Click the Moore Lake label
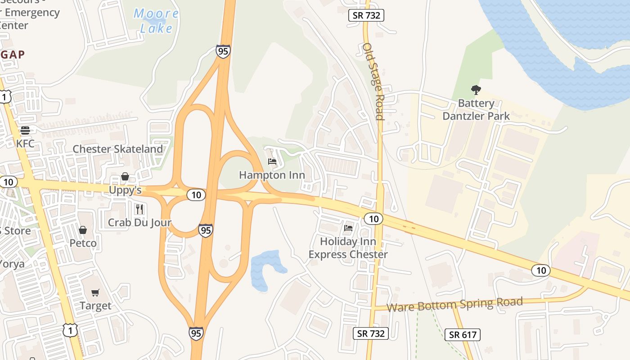pos(156,21)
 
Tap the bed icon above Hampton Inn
pos(272,162)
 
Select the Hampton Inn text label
pos(272,175)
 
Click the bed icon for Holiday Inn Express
pos(348,228)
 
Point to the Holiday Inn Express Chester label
pos(348,248)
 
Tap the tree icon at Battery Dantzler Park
pos(476,90)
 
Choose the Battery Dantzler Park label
pos(476,109)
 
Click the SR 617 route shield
pos(462,335)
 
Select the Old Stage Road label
pos(373,81)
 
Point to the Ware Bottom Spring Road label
pos(454,305)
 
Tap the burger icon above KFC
pos(25,130)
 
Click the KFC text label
pos(25,144)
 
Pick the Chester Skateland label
pos(118,149)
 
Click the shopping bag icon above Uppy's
pos(125,176)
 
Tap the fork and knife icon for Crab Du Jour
pos(139,209)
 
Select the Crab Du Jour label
pos(139,223)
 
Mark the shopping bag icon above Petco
pos(83,230)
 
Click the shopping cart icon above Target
pos(95,292)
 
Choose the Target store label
pos(95,306)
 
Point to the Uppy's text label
pos(125,190)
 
